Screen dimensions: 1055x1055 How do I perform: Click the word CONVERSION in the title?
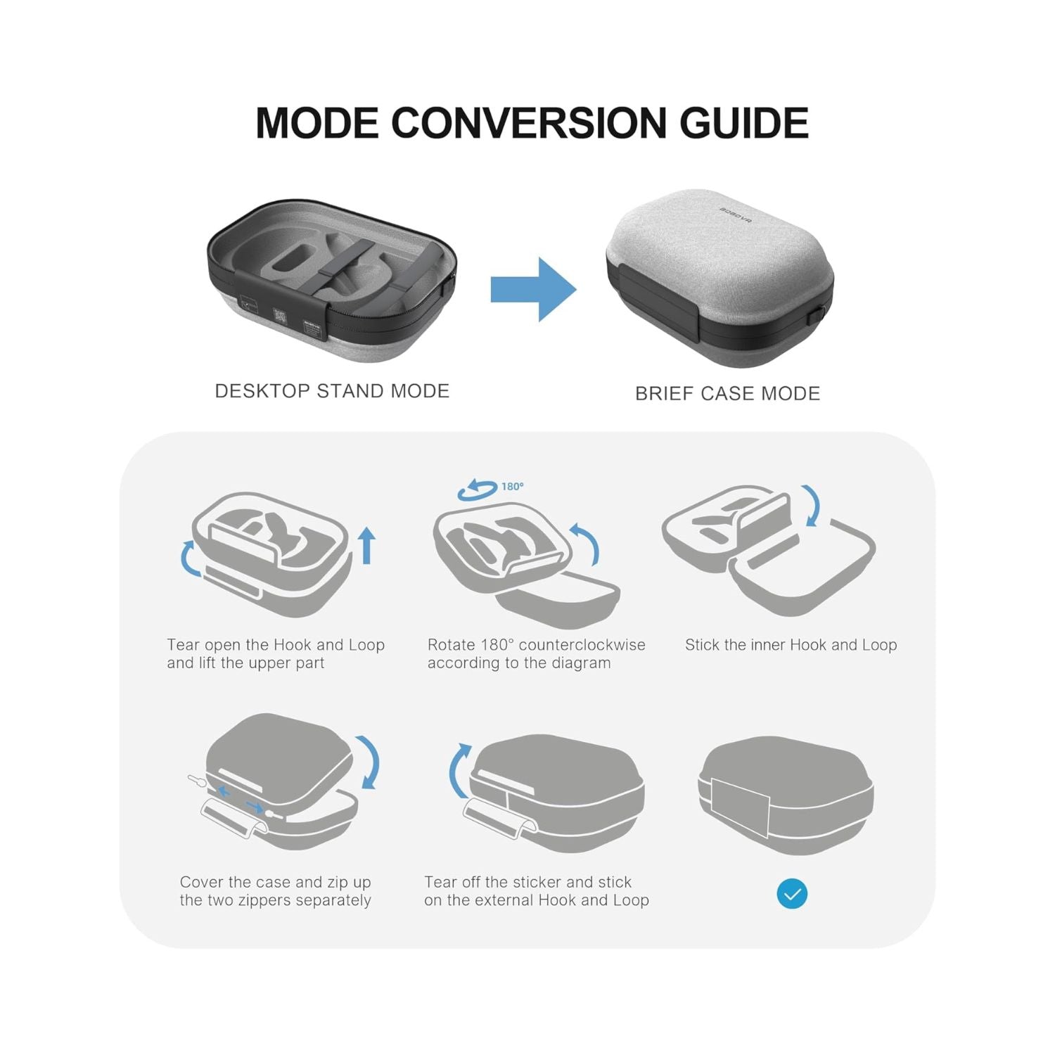pos(528,123)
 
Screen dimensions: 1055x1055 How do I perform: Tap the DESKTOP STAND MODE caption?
pos(332,391)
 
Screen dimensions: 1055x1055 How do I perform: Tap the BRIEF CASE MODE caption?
pos(727,393)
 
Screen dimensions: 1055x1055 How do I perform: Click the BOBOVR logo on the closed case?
pos(736,215)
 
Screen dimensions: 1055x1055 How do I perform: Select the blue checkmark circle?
pos(792,894)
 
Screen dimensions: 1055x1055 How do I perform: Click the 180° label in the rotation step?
pos(512,487)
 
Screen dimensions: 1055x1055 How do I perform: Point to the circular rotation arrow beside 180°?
pos(477,490)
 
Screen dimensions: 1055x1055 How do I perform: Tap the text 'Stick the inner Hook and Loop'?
pos(791,645)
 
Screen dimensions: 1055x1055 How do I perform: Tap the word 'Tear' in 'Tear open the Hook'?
pos(183,645)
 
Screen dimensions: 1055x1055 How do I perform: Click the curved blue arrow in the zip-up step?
pos(370,763)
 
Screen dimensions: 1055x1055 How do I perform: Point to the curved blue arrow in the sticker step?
pos(458,770)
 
